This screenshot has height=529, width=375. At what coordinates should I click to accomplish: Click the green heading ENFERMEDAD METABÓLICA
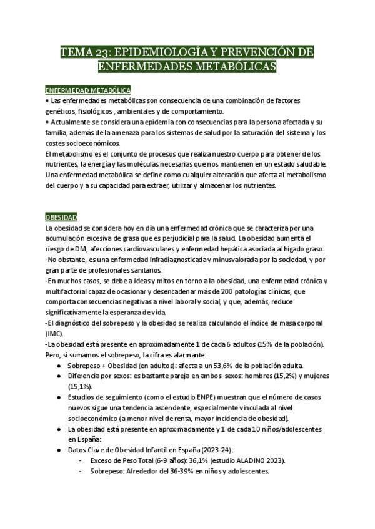[87, 90]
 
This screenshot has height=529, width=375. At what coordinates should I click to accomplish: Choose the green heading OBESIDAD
[61, 217]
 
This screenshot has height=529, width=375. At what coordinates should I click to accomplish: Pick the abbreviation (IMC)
[55, 334]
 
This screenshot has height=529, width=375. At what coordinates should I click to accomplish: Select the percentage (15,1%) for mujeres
[79, 387]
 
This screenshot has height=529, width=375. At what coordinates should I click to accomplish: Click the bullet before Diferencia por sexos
[59, 376]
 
